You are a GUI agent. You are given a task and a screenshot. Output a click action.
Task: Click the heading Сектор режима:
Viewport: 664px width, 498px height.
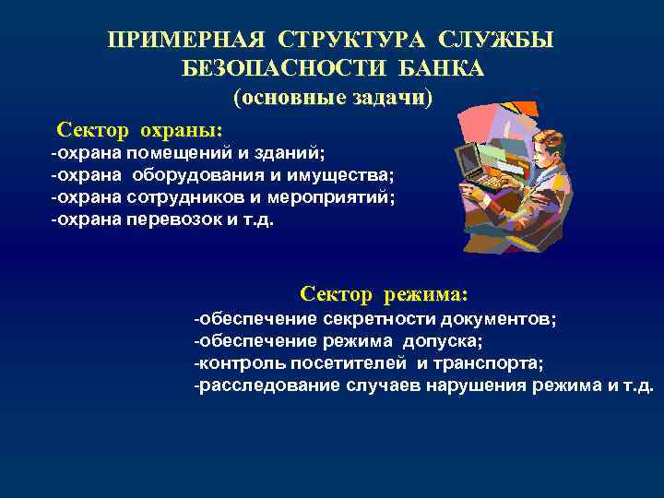[x=384, y=294]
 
